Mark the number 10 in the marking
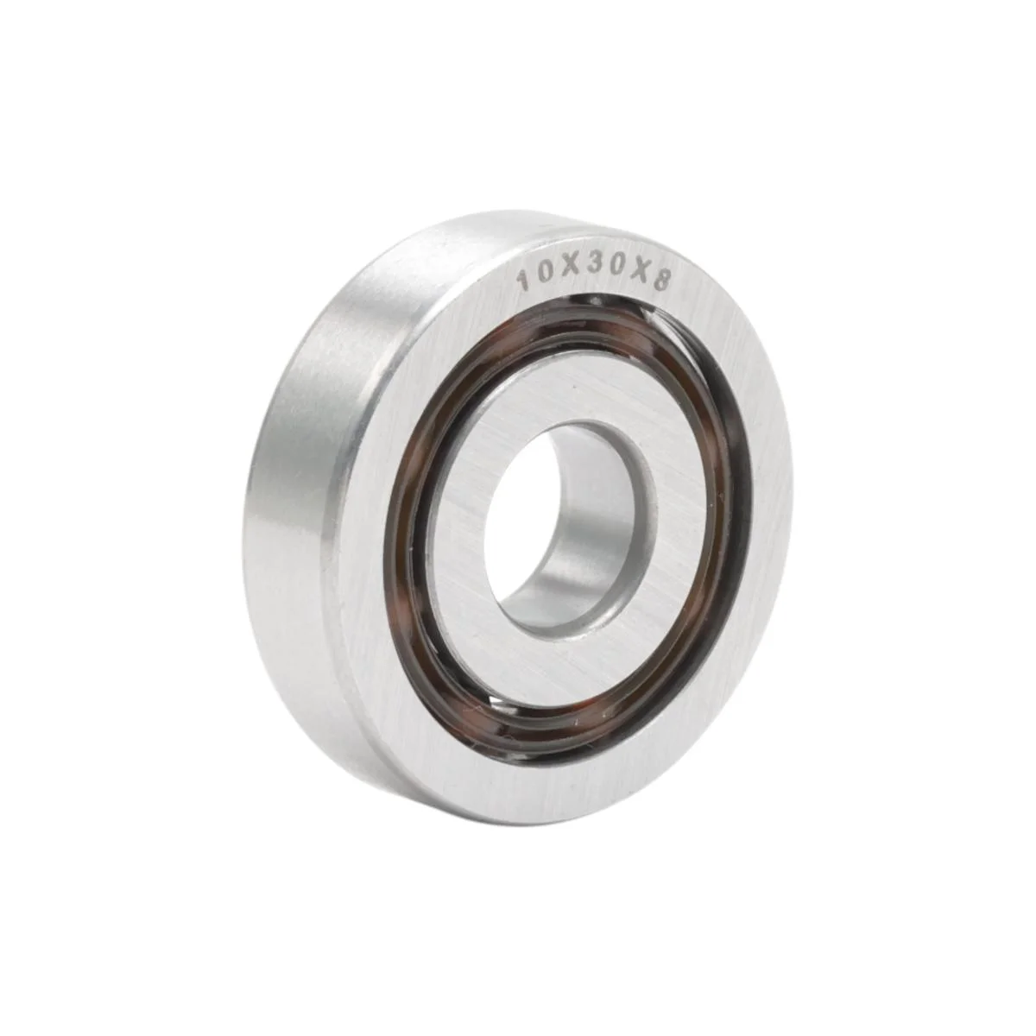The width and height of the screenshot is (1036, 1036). [x=533, y=278]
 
